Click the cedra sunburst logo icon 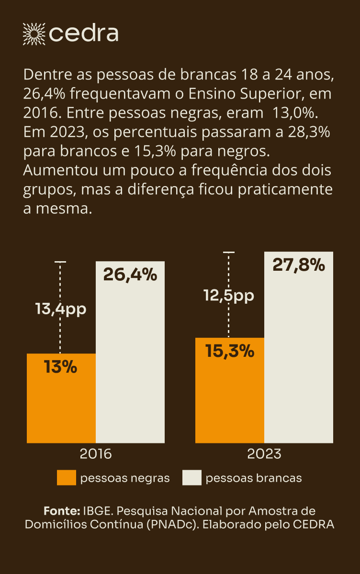click(x=34, y=33)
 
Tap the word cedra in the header click(x=84, y=33)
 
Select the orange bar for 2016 click(x=61, y=407)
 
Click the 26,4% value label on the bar click(x=130, y=275)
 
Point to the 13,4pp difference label click(x=61, y=309)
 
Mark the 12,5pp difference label click(x=229, y=296)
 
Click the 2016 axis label click(x=96, y=453)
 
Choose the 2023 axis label click(x=264, y=453)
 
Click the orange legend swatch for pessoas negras click(x=67, y=478)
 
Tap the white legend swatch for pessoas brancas click(x=192, y=478)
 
